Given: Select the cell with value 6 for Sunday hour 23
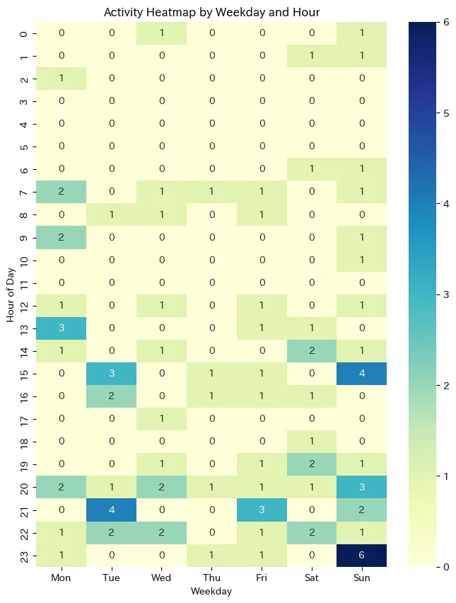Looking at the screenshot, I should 362,555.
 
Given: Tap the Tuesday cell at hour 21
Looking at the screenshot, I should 111,510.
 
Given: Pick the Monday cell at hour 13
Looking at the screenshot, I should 61,328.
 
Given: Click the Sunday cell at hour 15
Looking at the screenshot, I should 362,374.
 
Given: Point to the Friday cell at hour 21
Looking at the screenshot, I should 262,510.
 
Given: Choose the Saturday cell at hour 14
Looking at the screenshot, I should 312,351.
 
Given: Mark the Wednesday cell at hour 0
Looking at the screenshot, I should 161,33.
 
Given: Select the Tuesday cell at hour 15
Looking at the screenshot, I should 111,374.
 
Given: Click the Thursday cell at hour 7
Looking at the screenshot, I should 211,192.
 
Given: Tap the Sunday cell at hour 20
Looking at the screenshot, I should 362,487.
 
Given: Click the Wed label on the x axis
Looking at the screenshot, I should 161,578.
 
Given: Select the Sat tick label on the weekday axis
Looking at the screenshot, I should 312,578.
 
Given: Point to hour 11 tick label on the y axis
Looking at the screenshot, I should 25,283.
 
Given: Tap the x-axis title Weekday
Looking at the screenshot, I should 211,591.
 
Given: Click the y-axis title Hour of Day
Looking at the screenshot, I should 11,294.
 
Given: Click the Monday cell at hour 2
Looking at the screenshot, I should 61,79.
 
